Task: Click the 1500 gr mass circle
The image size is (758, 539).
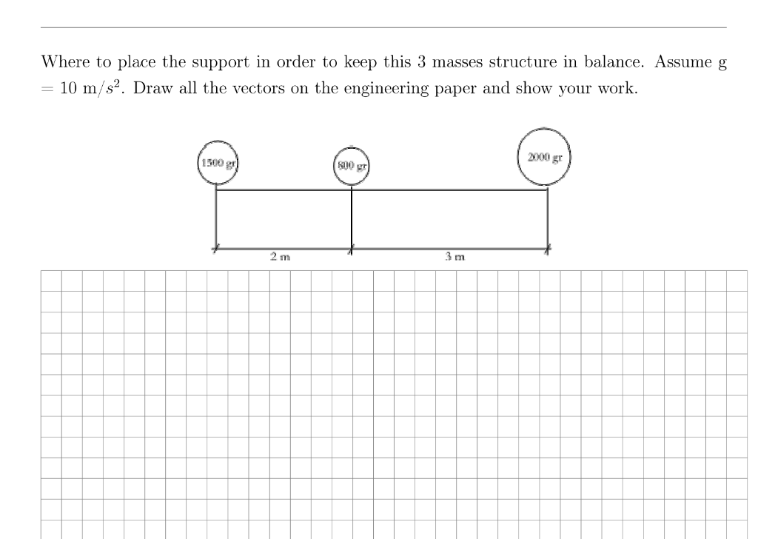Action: [216, 162]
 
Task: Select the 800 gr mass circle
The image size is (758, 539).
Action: [351, 164]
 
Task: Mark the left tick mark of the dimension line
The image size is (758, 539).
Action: [216, 250]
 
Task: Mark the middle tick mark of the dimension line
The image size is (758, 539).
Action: [352, 250]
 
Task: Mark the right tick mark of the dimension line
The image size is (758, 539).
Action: [548, 250]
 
